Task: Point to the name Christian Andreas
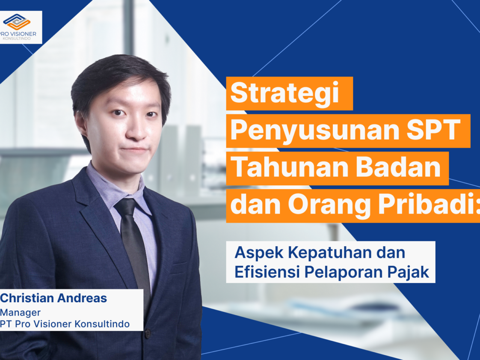tap(53, 298)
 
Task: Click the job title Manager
tap(20, 313)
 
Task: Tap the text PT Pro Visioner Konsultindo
tap(65, 324)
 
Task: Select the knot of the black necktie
tap(126, 207)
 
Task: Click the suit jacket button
tap(148, 333)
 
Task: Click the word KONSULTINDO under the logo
tap(17, 39)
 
